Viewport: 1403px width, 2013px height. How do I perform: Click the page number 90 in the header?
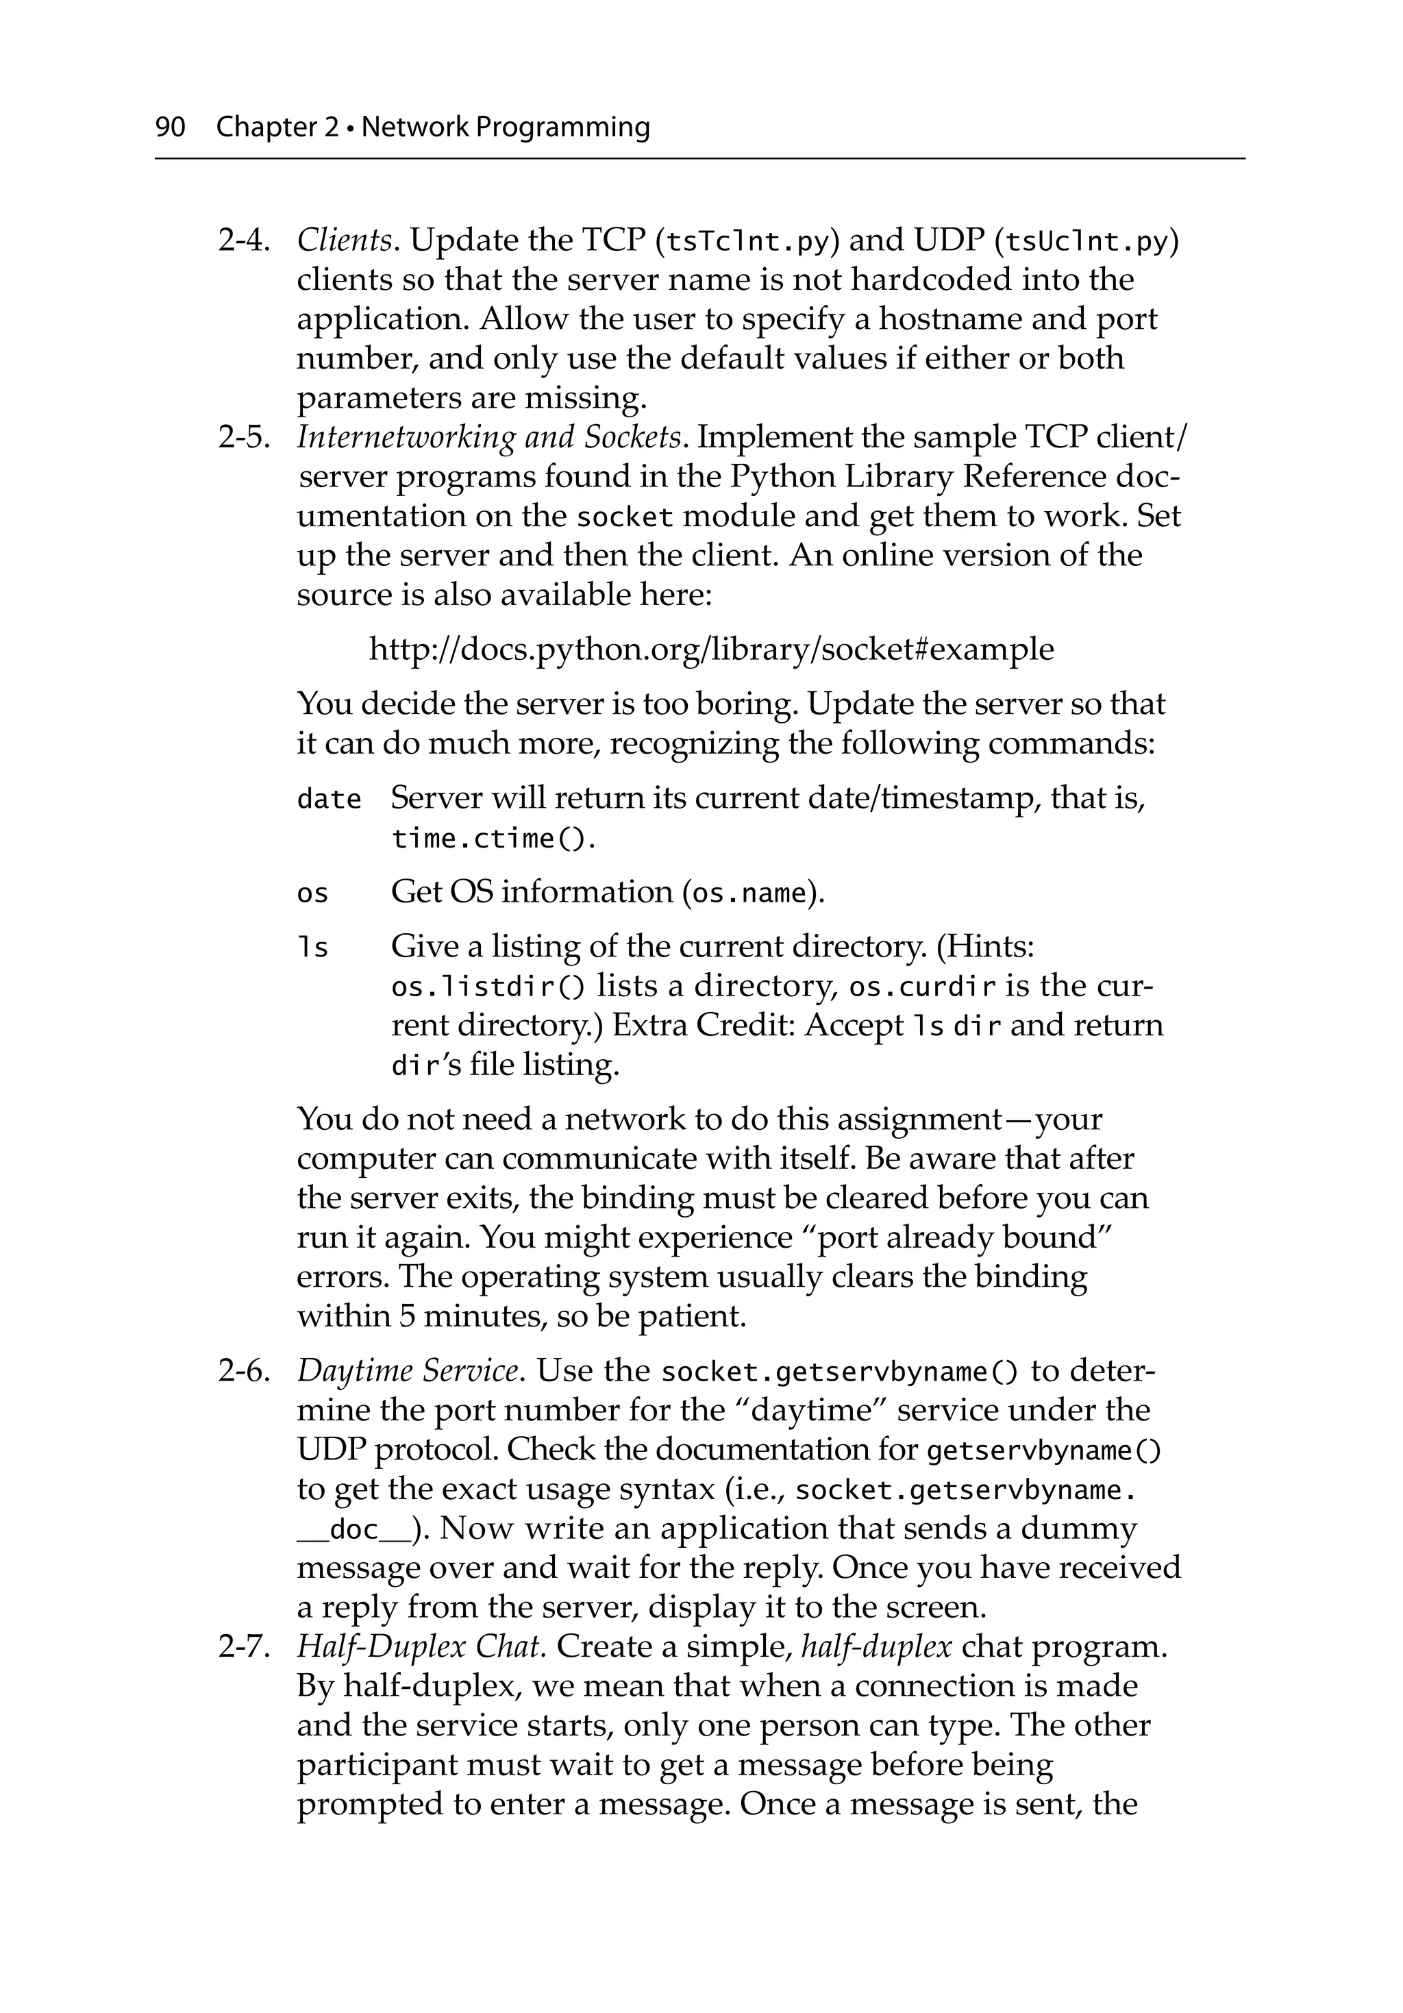170,127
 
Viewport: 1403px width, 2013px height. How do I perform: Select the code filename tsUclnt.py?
1087,241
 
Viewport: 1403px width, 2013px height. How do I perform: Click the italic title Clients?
345,240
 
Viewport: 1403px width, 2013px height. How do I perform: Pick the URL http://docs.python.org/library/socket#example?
711,650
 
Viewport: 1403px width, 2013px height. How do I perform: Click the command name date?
329,800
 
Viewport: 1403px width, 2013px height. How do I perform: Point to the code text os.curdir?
923,987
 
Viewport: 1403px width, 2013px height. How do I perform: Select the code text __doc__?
353,1529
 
